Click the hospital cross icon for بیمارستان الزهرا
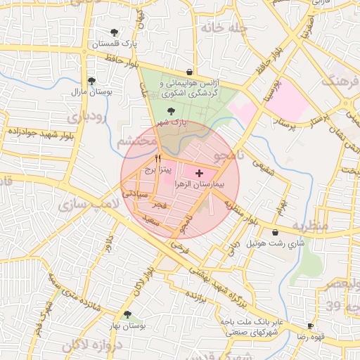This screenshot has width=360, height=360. (199, 172)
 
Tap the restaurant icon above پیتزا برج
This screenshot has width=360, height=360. (158, 159)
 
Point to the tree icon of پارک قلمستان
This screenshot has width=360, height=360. (114, 32)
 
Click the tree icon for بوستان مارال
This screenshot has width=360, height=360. (91, 81)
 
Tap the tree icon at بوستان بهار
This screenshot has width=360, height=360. (127, 315)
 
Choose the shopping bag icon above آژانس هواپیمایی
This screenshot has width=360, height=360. (189, 72)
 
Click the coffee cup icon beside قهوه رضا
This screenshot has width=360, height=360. (311, 326)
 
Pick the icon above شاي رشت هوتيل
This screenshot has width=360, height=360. (274, 232)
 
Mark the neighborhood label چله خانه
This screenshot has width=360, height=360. (224, 28)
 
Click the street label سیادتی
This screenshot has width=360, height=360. (134, 191)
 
